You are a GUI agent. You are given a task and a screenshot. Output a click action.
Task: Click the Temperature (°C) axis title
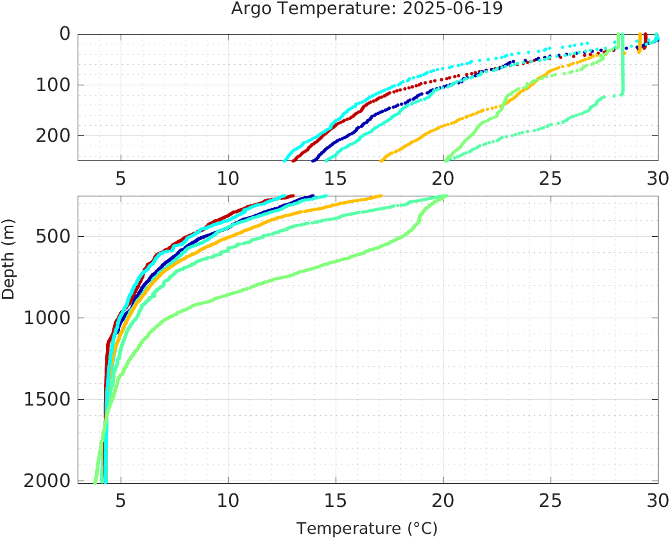(x=367, y=529)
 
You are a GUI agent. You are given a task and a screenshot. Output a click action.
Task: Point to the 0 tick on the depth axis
(x=65, y=33)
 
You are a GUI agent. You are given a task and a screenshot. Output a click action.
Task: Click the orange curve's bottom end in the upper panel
(x=382, y=160)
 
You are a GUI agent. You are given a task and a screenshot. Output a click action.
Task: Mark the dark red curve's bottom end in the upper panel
(x=293, y=160)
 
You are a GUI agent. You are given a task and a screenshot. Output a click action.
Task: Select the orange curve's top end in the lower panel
(x=381, y=196)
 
